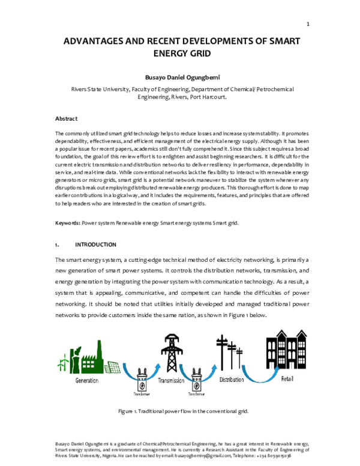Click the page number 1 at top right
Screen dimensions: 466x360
point(308,24)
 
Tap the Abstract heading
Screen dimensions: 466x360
point(66,118)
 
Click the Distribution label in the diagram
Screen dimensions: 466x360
point(232,381)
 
